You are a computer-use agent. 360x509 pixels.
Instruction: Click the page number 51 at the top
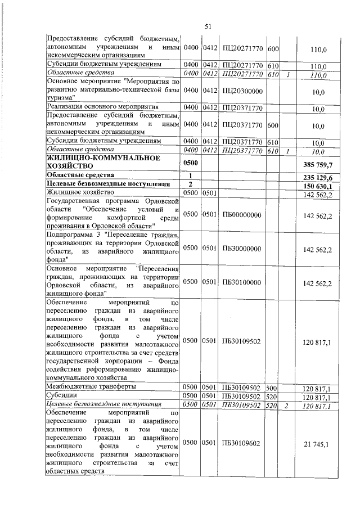tap(207, 26)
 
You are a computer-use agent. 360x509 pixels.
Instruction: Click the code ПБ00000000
tap(241, 214)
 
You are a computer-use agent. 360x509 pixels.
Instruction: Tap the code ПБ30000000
tap(241, 248)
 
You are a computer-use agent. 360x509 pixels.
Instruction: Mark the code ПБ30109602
tap(241, 444)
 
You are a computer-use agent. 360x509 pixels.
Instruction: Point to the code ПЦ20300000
tap(241, 90)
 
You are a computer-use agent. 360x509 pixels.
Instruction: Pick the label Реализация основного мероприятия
tap(103, 106)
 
